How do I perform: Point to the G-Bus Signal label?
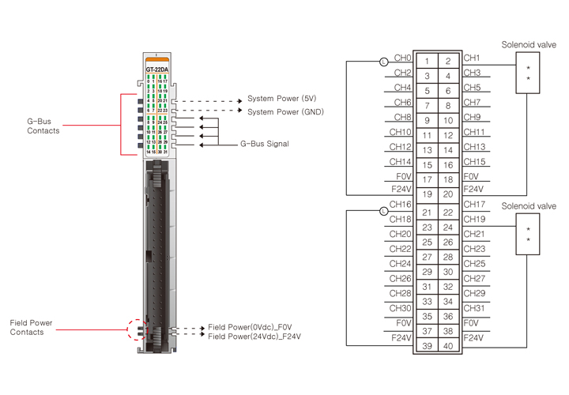[x=265, y=144]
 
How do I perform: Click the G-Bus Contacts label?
[x=43, y=126]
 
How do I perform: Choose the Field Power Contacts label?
[x=32, y=327]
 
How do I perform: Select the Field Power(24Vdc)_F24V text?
[x=255, y=337]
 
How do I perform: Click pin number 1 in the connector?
[x=428, y=61]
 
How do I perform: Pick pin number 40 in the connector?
[x=448, y=346]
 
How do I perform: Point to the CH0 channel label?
[x=402, y=58]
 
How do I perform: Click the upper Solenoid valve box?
[x=528, y=74]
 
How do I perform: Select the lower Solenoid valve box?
[x=528, y=235]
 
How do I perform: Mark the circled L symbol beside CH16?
[x=383, y=211]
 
